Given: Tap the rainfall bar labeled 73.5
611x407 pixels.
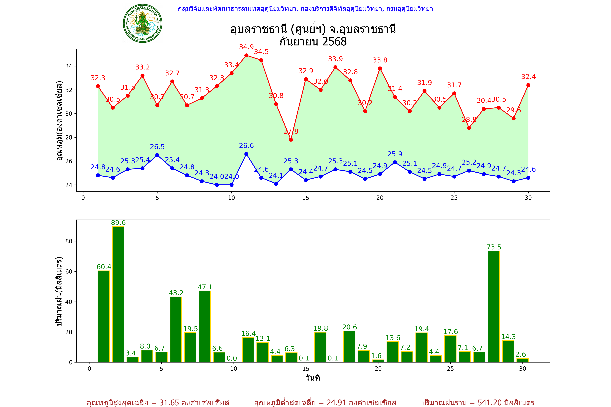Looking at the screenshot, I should [494, 306].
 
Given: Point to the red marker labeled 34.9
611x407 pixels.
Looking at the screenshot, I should [246, 55].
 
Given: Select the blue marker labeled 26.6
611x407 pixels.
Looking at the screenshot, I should [246, 154].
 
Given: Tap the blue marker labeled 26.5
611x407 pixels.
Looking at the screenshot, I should [157, 155].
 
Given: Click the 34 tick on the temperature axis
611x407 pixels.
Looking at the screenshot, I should [69, 66].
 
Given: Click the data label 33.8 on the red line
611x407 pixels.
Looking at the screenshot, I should [380, 60].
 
